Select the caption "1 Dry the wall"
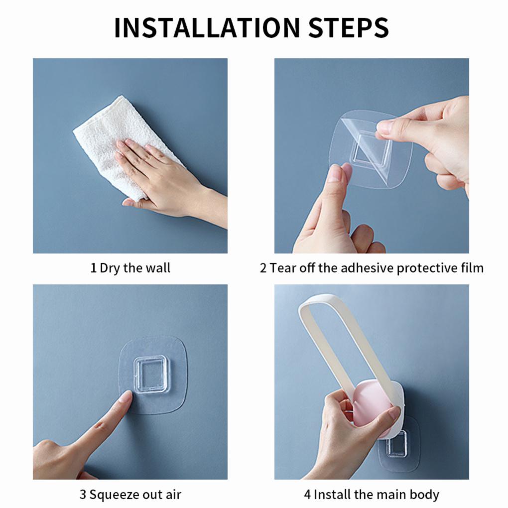(130, 268)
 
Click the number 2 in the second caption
(263, 268)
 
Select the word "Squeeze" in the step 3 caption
(113, 495)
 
